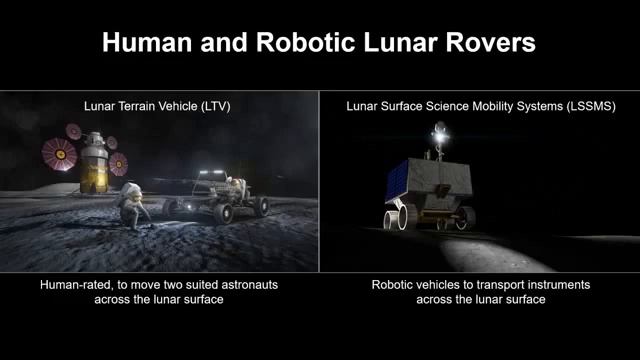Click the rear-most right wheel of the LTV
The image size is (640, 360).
262,207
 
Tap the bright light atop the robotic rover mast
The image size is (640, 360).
438,128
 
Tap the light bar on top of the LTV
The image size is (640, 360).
212,172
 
